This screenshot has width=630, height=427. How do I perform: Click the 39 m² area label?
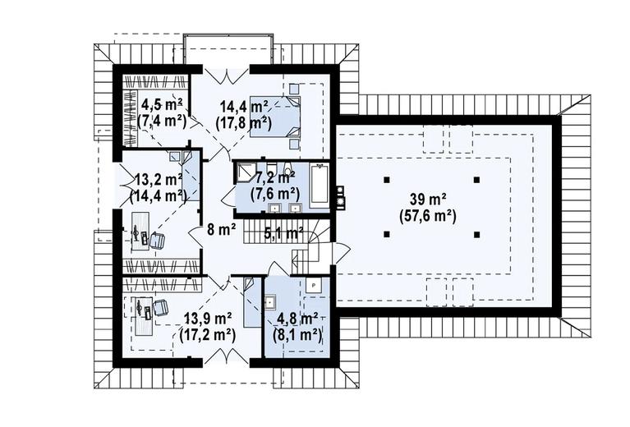tap(427, 199)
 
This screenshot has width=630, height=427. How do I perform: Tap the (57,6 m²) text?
tap(427, 217)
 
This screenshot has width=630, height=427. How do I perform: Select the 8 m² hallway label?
tap(221, 230)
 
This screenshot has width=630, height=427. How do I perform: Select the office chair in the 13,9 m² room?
tap(160, 308)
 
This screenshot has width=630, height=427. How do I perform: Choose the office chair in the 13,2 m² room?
tap(157, 241)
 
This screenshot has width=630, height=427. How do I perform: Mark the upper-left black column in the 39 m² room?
tap(387, 180)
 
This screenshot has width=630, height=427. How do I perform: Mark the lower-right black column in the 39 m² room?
tap(477, 234)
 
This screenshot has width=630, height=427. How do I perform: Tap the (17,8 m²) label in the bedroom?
tap(243, 122)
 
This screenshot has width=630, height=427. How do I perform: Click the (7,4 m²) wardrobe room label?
tap(162, 121)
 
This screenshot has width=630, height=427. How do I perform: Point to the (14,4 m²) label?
tap(159, 195)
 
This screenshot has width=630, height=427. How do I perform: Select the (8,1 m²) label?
tap(297, 334)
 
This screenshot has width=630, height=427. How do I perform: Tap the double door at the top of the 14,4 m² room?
tap(225, 76)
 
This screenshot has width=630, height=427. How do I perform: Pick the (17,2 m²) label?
tap(207, 334)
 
